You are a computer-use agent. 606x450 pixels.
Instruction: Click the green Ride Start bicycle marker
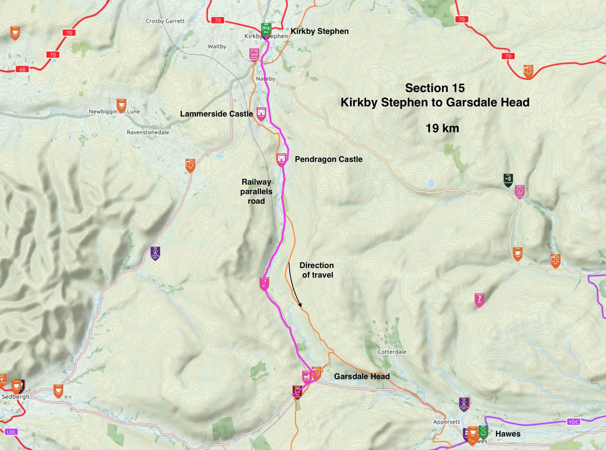click(x=266, y=29)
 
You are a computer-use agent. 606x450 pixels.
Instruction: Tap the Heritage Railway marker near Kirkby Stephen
click(x=254, y=55)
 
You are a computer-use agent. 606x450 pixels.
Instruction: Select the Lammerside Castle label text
click(x=216, y=114)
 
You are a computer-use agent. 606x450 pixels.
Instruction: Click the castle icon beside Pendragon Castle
click(x=281, y=159)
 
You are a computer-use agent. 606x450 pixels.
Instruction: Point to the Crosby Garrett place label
click(x=165, y=21)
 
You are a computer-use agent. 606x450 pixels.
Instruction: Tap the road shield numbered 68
click(x=22, y=69)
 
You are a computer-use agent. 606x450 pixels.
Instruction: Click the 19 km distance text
click(x=442, y=128)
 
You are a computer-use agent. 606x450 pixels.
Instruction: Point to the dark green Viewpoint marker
click(x=508, y=180)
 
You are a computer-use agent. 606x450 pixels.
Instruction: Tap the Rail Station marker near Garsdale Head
click(x=297, y=392)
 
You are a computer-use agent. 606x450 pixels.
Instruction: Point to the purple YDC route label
click(x=574, y=422)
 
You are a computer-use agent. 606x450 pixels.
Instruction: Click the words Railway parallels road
click(x=256, y=192)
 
